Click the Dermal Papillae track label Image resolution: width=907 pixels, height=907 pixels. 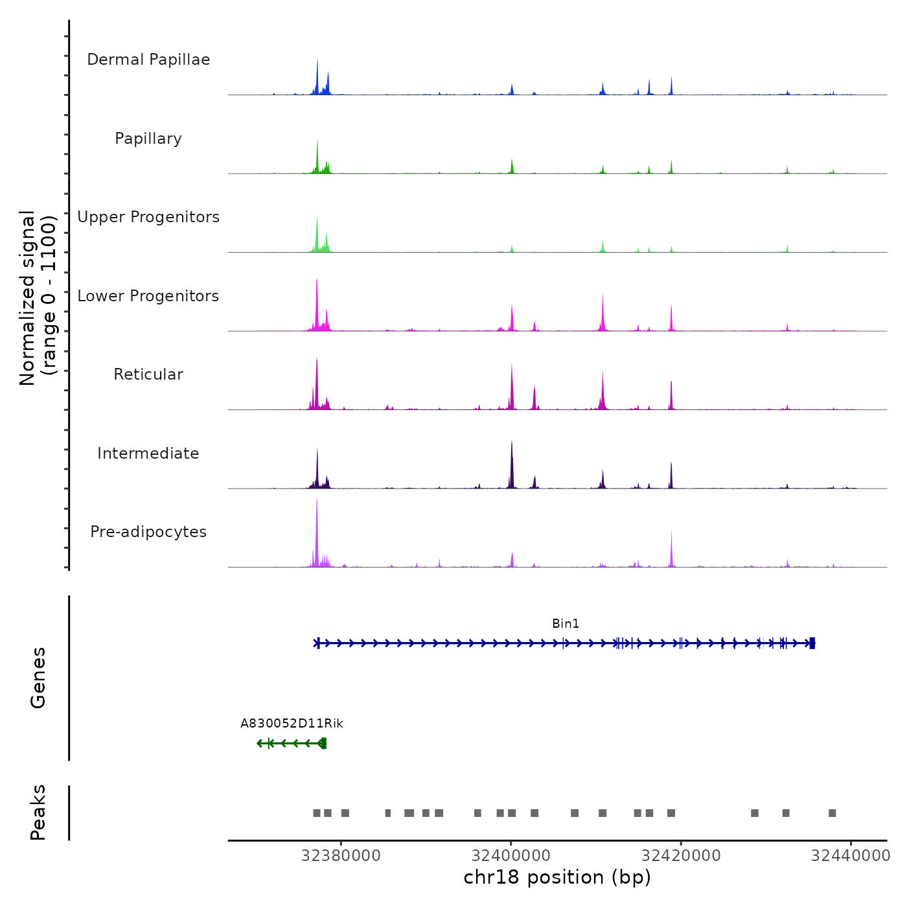[148, 60]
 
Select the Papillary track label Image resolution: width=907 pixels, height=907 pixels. [148, 139]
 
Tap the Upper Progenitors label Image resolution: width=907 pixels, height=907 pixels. [148, 217]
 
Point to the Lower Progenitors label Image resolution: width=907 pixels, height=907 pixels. [148, 296]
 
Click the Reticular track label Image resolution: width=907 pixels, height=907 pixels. [148, 374]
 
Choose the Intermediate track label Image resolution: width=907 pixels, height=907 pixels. [148, 454]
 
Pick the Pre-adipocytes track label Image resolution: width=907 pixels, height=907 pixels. [148, 532]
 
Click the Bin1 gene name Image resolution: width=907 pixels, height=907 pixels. [566, 624]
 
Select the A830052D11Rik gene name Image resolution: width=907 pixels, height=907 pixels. [292, 724]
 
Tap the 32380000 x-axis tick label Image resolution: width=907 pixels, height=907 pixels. [341, 856]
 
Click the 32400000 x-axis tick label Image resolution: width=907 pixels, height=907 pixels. [511, 856]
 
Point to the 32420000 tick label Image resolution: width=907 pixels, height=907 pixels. [681, 856]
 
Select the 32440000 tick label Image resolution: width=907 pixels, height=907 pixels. [851, 856]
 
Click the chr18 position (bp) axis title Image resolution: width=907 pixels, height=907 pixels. [557, 877]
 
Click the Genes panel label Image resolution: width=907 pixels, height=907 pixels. [38, 678]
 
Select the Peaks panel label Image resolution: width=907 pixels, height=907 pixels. [38, 812]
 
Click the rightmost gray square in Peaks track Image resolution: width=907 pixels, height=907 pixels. [832, 813]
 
